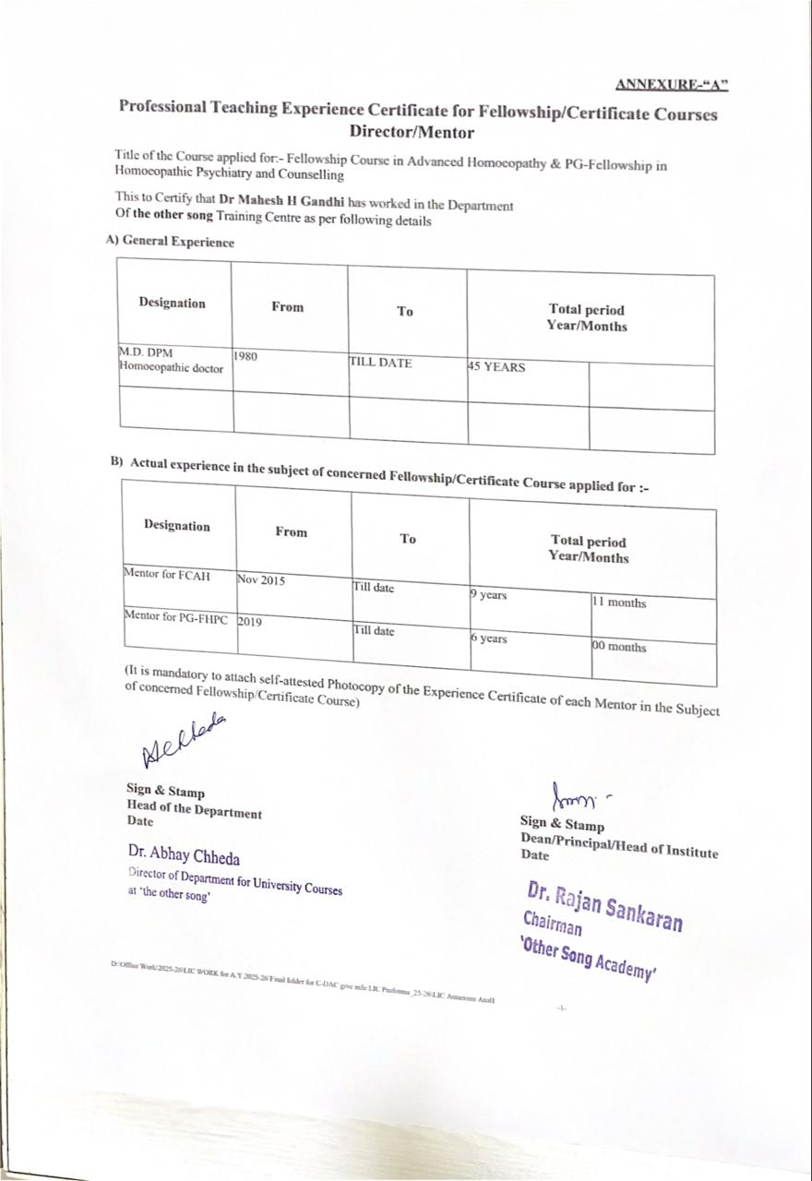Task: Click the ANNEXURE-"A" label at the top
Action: [672, 85]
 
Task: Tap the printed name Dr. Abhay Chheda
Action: [184, 855]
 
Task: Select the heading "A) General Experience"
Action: [170, 242]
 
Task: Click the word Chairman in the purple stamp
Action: [552, 925]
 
